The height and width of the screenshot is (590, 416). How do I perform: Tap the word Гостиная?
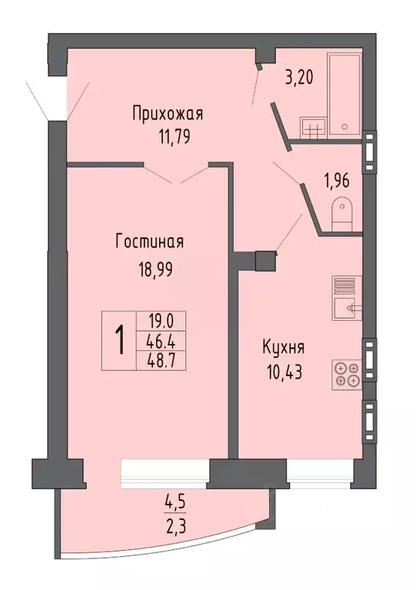coord(149,242)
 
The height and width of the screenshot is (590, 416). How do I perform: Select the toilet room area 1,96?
coord(336,182)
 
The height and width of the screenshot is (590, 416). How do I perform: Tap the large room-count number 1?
coord(120,339)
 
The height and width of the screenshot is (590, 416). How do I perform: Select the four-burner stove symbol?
coord(346,374)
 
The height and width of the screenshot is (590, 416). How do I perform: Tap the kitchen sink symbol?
coord(345,308)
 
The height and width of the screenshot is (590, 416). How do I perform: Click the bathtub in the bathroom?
coord(345,95)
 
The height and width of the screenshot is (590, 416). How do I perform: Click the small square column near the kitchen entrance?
coord(264,260)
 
